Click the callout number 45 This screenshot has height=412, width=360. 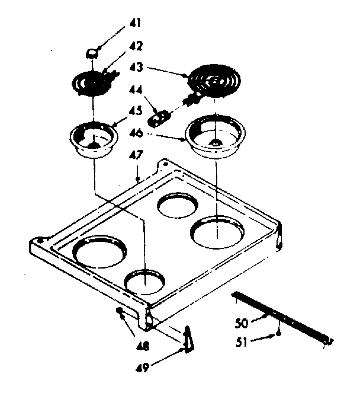click(136, 111)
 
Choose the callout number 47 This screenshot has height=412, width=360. click(136, 157)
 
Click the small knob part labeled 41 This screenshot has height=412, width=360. click(92, 53)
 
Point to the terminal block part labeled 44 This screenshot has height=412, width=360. click(158, 119)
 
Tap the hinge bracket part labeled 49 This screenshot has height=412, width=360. click(188, 340)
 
